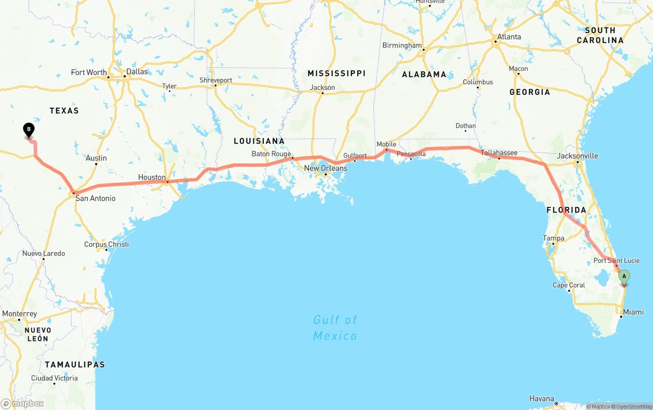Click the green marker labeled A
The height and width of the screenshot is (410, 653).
point(624,276)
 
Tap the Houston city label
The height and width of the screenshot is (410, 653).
point(152,177)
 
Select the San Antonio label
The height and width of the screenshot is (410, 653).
point(95,198)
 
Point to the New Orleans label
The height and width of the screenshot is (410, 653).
point(325,168)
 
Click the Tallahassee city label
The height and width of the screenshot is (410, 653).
point(499,153)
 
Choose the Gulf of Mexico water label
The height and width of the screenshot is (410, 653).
point(335,327)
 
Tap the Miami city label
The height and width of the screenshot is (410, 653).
point(633,312)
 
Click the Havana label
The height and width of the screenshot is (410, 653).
point(541,398)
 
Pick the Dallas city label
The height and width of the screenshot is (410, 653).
point(137,71)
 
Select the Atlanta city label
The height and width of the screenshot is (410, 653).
point(509,37)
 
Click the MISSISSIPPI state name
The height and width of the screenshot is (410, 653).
point(336,74)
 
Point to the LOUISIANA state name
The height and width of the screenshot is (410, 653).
point(259,141)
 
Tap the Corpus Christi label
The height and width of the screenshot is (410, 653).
point(107,244)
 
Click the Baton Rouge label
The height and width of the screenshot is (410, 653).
point(271,154)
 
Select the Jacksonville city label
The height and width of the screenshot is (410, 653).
point(577,156)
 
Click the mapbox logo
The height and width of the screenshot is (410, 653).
point(22,403)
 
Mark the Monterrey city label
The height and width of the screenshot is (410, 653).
point(20,313)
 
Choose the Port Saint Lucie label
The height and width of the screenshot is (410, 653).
point(616,261)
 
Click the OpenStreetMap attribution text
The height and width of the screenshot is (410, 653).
point(632,406)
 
